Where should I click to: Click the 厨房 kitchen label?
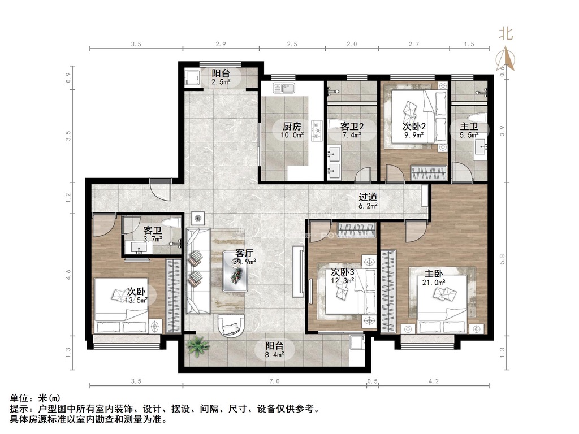(x=292, y=127)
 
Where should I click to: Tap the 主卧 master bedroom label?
(x=434, y=274)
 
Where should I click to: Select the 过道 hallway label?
(x=368, y=197)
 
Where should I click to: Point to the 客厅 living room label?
(x=244, y=254)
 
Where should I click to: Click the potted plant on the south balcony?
(x=198, y=346)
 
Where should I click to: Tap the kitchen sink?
(x=283, y=88)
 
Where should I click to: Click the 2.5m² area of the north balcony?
(x=221, y=82)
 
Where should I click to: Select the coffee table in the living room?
(x=235, y=271)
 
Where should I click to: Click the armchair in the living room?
(x=231, y=325)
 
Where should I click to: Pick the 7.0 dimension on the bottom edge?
(x=274, y=381)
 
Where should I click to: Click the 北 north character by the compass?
(x=505, y=33)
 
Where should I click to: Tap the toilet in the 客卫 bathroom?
(x=171, y=223)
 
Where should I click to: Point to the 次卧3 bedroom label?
(x=342, y=272)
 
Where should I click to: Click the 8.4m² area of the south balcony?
(x=274, y=355)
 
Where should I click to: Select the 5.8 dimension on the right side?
(x=502, y=259)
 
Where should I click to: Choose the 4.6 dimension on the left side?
(x=68, y=275)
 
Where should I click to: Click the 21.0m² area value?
(x=434, y=283)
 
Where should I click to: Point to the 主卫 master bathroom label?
(x=469, y=127)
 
